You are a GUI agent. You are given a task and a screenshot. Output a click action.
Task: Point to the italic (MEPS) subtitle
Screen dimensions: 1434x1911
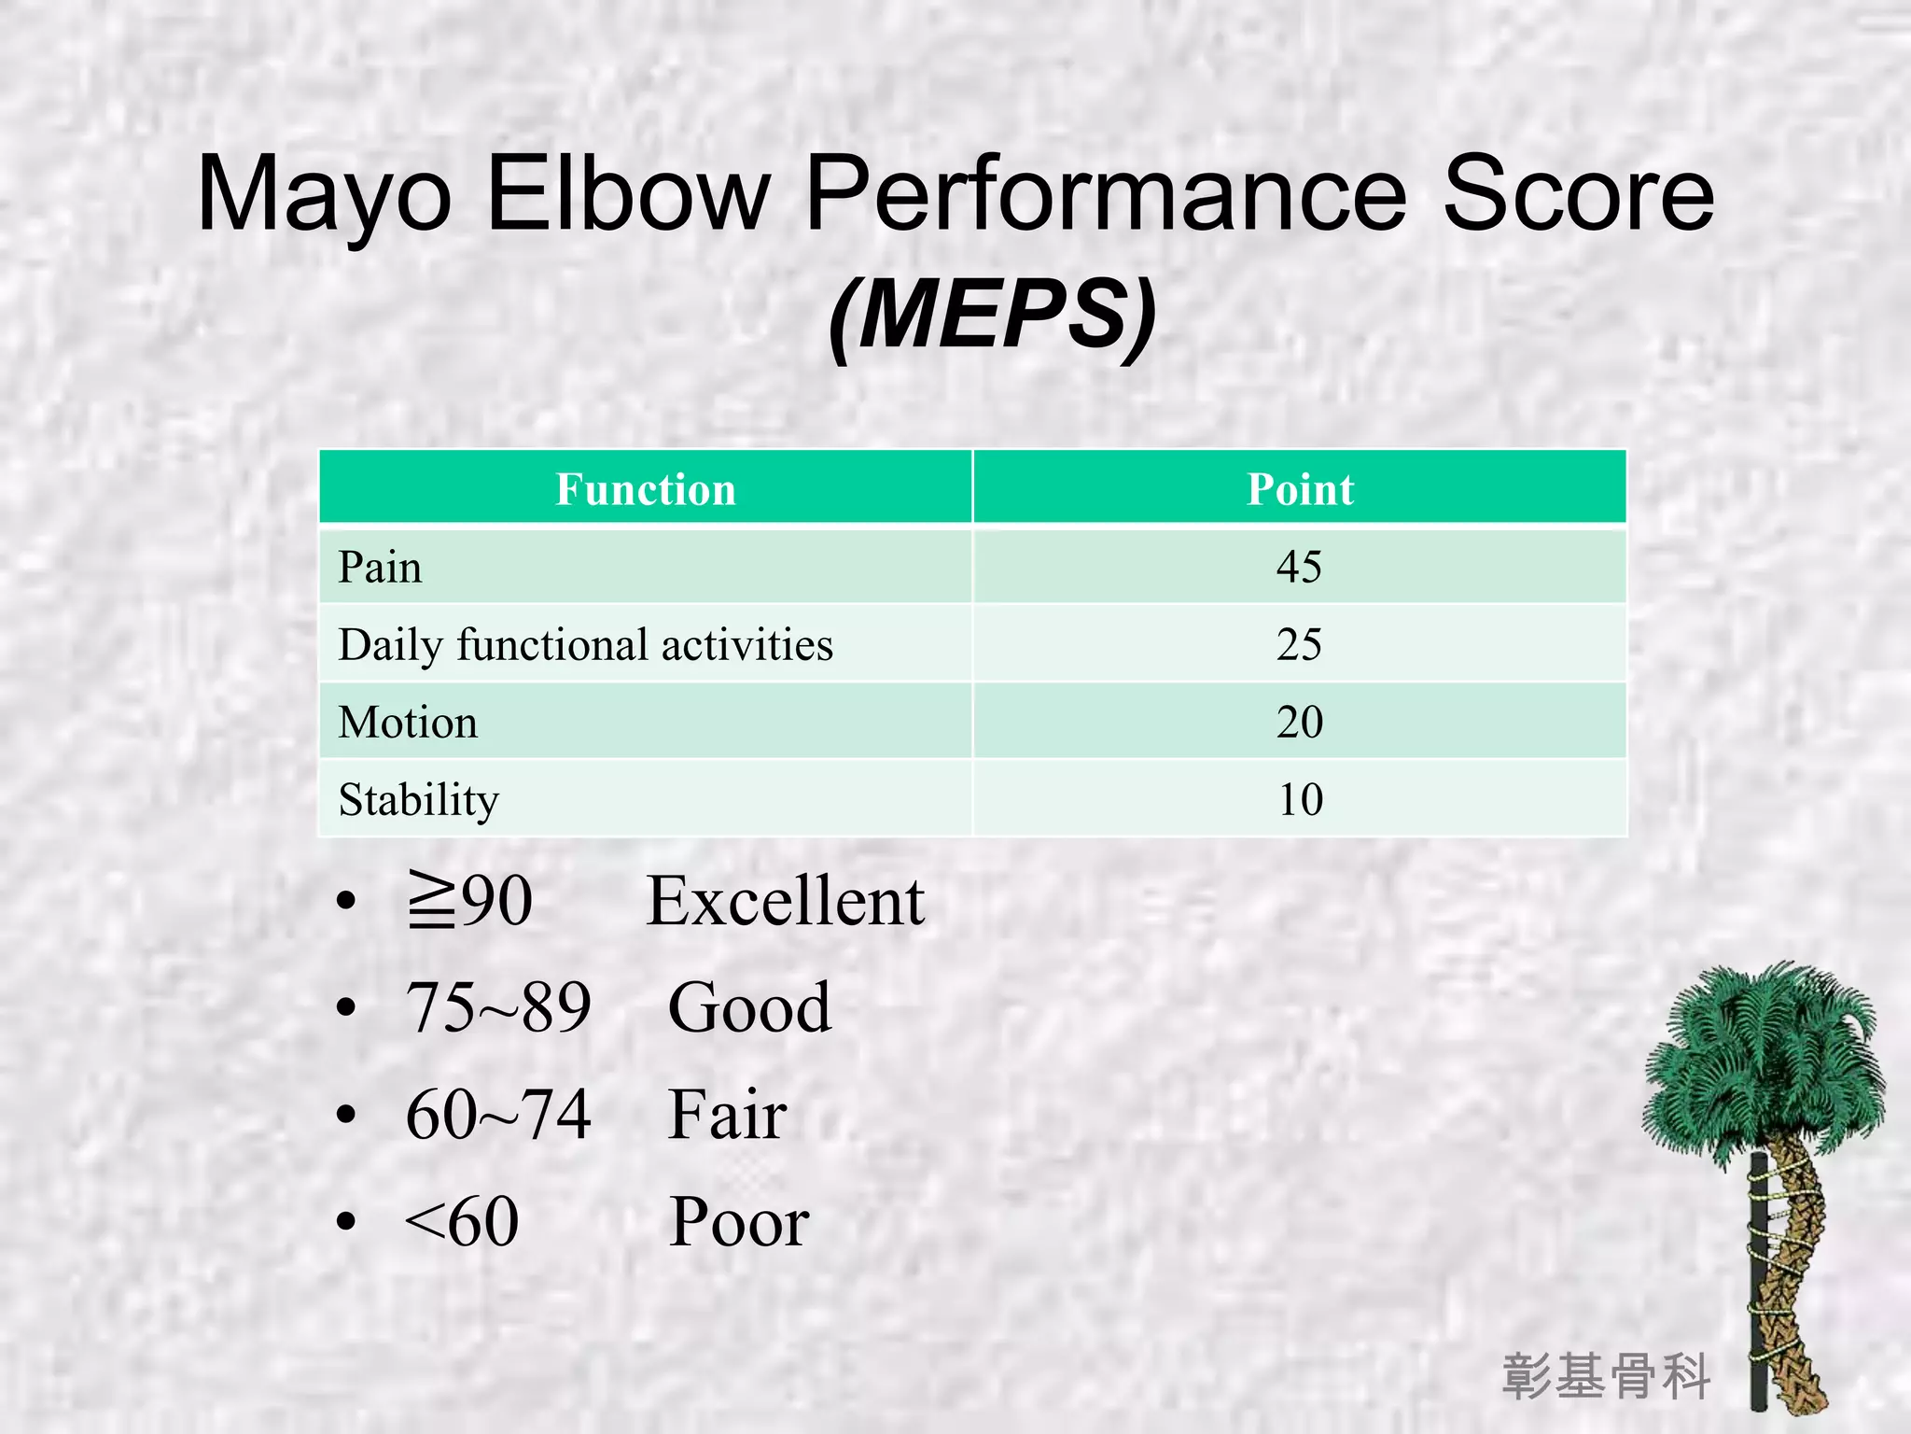[992, 316]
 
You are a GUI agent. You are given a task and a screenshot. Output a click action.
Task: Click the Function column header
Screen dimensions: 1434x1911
[646, 489]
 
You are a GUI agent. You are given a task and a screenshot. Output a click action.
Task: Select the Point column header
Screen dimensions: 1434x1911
[1300, 489]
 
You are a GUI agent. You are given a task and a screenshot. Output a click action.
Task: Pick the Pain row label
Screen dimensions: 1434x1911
[380, 568]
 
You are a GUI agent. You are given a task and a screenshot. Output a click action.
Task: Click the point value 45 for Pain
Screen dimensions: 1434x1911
[1299, 567]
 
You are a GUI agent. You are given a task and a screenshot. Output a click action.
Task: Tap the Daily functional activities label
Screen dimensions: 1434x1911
[585, 645]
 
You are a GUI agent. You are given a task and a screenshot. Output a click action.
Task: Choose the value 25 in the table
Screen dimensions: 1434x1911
[1299, 644]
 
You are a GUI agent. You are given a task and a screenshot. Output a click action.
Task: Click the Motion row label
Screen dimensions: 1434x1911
[408, 723]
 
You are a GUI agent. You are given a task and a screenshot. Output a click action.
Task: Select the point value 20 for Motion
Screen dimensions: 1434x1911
[1299, 722]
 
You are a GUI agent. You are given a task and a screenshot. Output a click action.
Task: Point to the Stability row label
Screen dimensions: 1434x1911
[418, 800]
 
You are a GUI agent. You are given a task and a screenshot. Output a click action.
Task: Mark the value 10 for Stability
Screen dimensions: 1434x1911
[1300, 799]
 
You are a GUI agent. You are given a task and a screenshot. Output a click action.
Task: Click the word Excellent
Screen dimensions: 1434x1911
[786, 902]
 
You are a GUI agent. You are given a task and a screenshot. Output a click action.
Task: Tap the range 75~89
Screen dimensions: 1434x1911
[498, 1008]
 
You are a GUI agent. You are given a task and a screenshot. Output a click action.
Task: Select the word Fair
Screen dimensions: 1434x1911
[727, 1115]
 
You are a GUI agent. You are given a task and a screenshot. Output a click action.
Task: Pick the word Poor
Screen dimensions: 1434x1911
[739, 1222]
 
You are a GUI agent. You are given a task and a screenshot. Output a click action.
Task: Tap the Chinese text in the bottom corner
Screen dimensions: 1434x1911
[1606, 1376]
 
